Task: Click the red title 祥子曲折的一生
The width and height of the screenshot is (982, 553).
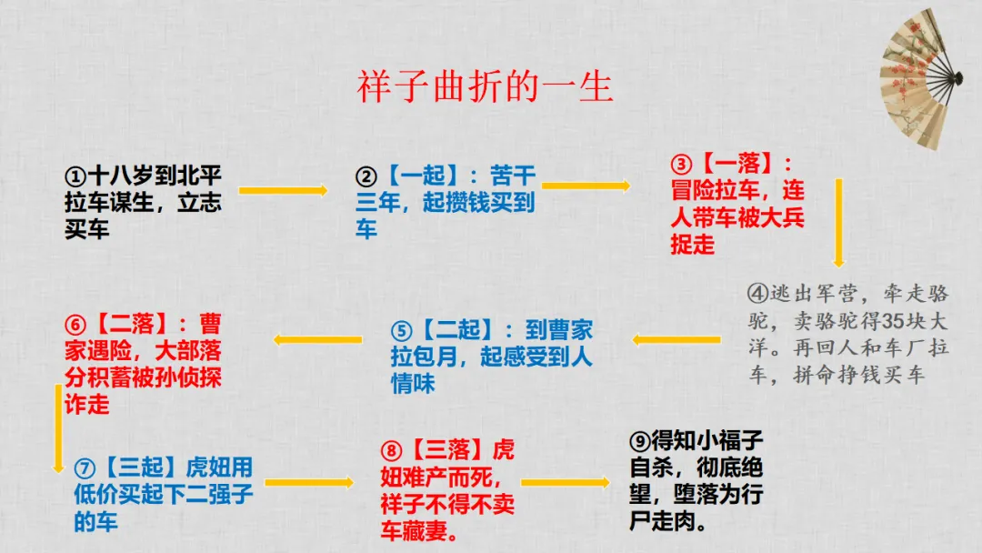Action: (x=485, y=87)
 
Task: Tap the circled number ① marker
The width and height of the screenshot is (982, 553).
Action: (x=75, y=176)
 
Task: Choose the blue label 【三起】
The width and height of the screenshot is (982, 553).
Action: (x=141, y=468)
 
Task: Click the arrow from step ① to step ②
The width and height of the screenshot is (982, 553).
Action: (x=283, y=190)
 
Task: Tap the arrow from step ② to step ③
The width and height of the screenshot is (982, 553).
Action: (x=586, y=186)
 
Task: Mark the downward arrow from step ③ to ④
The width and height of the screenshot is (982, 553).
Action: (x=838, y=223)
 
